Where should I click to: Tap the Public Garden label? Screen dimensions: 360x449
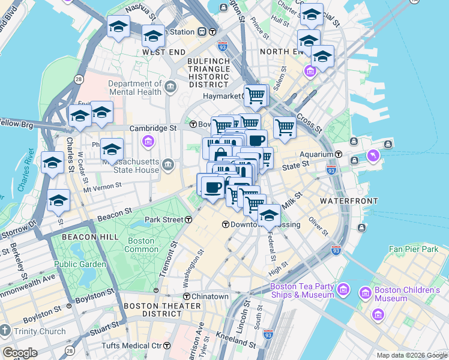pos(80,263)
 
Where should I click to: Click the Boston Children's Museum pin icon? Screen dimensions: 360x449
pos(364,293)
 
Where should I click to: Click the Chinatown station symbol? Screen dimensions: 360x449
pos(186,296)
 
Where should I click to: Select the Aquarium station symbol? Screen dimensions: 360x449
pos(338,154)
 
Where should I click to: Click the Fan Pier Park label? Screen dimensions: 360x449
pos(414,248)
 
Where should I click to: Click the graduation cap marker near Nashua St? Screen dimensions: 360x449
pos(118,27)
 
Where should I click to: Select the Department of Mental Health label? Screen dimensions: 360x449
pos(135,88)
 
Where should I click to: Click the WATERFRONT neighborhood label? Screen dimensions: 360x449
pos(349,200)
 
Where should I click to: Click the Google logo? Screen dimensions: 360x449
pos(20,353)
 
